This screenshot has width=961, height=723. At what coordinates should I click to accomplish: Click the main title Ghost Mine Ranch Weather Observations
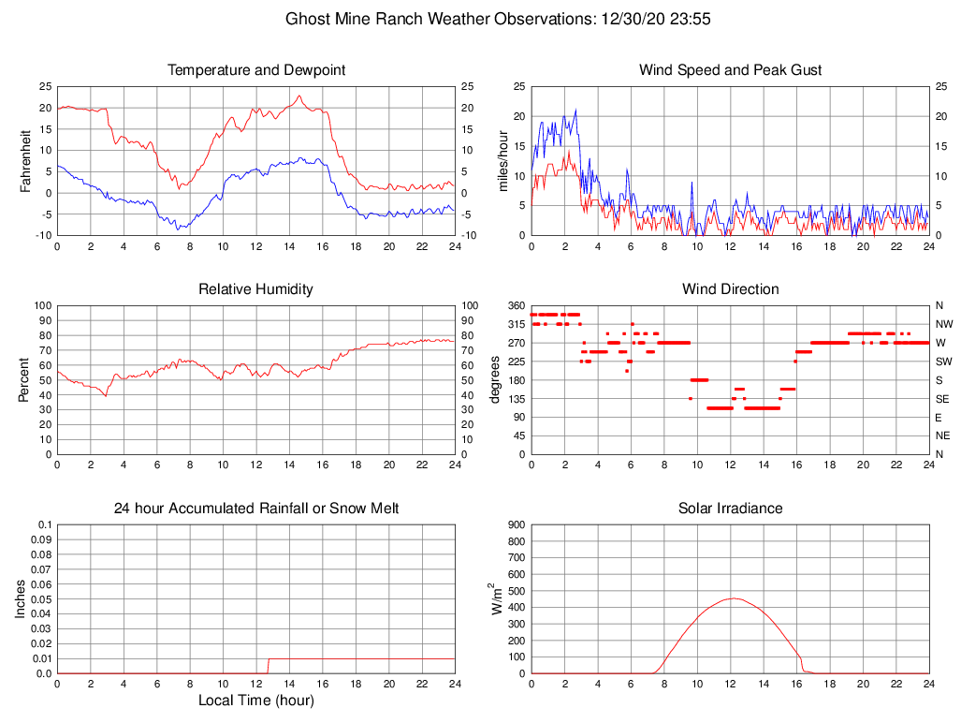(x=497, y=19)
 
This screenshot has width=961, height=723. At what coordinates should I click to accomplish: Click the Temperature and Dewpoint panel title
(x=256, y=70)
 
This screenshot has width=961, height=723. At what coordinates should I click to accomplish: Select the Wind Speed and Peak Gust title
(x=730, y=70)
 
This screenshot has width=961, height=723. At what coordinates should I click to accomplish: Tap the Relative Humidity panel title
(x=256, y=289)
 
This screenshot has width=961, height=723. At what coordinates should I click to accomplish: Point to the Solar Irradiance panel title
(x=730, y=509)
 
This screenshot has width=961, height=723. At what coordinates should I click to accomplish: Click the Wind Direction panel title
(x=730, y=289)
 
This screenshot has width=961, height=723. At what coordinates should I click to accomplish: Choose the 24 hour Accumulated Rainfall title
(x=256, y=509)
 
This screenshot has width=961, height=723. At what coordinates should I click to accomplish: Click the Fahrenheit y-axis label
(x=26, y=160)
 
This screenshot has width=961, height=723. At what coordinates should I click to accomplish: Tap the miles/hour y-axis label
(x=502, y=160)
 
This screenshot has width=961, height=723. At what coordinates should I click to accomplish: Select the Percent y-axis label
(x=26, y=379)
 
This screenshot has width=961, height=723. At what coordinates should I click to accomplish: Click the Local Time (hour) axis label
(x=256, y=700)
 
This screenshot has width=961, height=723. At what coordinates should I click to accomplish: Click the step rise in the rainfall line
(x=269, y=666)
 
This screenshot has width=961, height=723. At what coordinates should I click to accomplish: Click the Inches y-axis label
(x=22, y=598)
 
